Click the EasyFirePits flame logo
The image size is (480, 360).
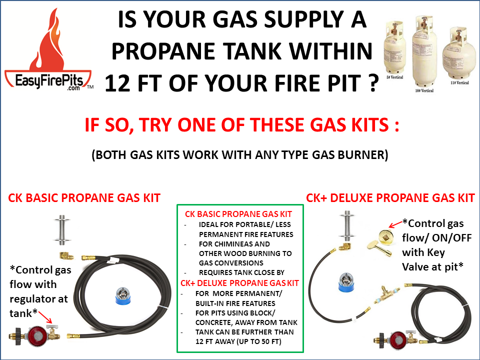pos(47,50)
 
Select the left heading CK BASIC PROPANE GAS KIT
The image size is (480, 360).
pos(84,198)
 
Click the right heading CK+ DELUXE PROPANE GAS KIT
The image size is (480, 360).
pos(390,198)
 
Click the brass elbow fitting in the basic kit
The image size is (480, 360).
pos(66,255)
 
